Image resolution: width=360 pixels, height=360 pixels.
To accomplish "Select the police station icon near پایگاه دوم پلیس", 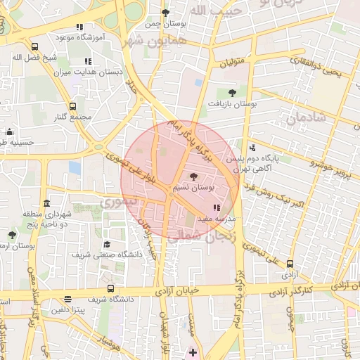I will click(x=252, y=148).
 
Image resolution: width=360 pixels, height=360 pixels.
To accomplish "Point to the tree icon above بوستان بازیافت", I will click(x=233, y=92).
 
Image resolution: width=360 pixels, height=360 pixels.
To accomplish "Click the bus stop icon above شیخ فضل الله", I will click(x=35, y=46).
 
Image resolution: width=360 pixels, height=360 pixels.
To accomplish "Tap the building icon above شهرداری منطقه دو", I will click(x=46, y=203).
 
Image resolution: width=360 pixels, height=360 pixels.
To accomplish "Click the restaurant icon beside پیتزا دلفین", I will click(x=67, y=299).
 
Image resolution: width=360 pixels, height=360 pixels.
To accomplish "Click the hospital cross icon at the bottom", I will click(x=193, y=351).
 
